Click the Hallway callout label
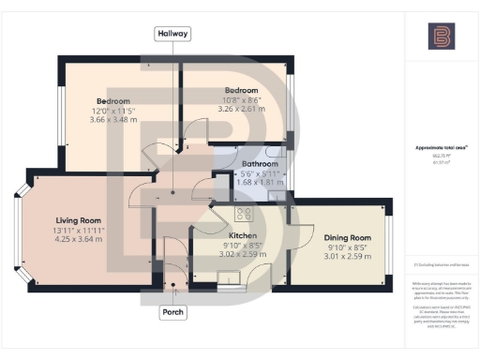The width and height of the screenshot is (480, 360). point(172,34)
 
